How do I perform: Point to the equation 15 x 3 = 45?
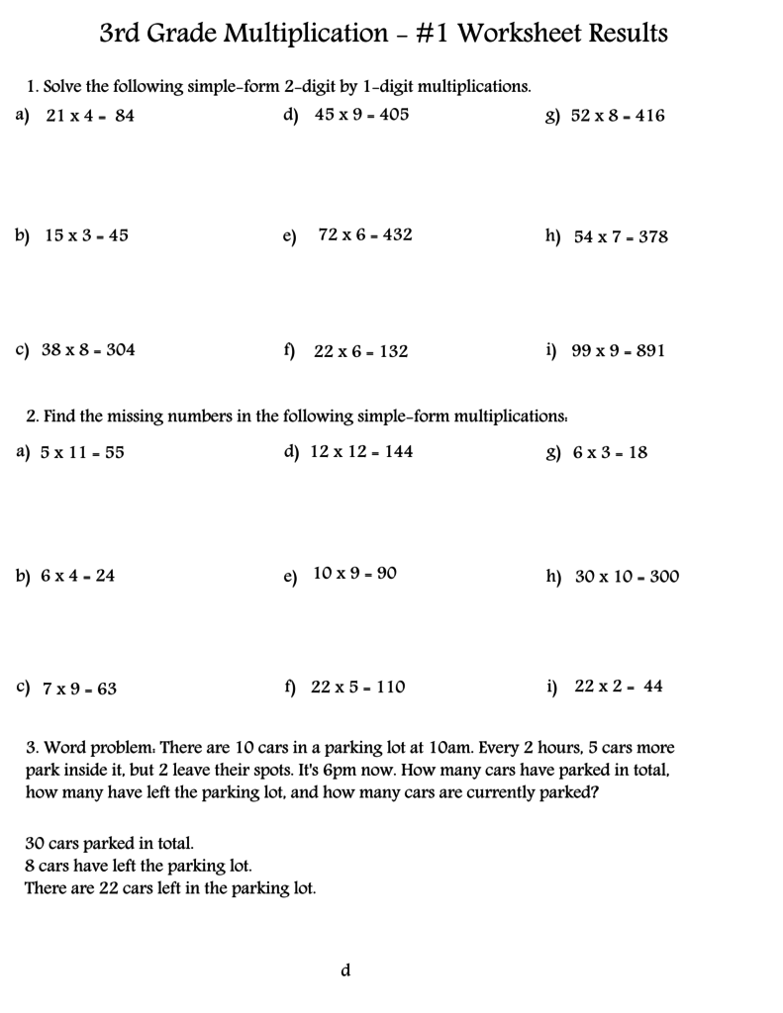click(x=87, y=235)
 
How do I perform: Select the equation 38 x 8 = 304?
click(x=88, y=350)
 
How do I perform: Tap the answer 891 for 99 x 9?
click(x=645, y=351)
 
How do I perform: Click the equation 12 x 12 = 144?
click(x=361, y=452)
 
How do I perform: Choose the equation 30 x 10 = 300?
click(x=627, y=577)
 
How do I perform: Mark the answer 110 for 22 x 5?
click(x=387, y=688)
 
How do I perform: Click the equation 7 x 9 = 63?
click(x=79, y=689)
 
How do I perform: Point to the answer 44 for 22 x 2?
click(x=652, y=688)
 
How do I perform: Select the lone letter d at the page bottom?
click(x=345, y=970)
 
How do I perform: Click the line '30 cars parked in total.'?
click(x=109, y=844)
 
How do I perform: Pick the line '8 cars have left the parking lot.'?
click(x=132, y=866)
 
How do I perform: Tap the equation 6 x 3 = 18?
click(x=610, y=453)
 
